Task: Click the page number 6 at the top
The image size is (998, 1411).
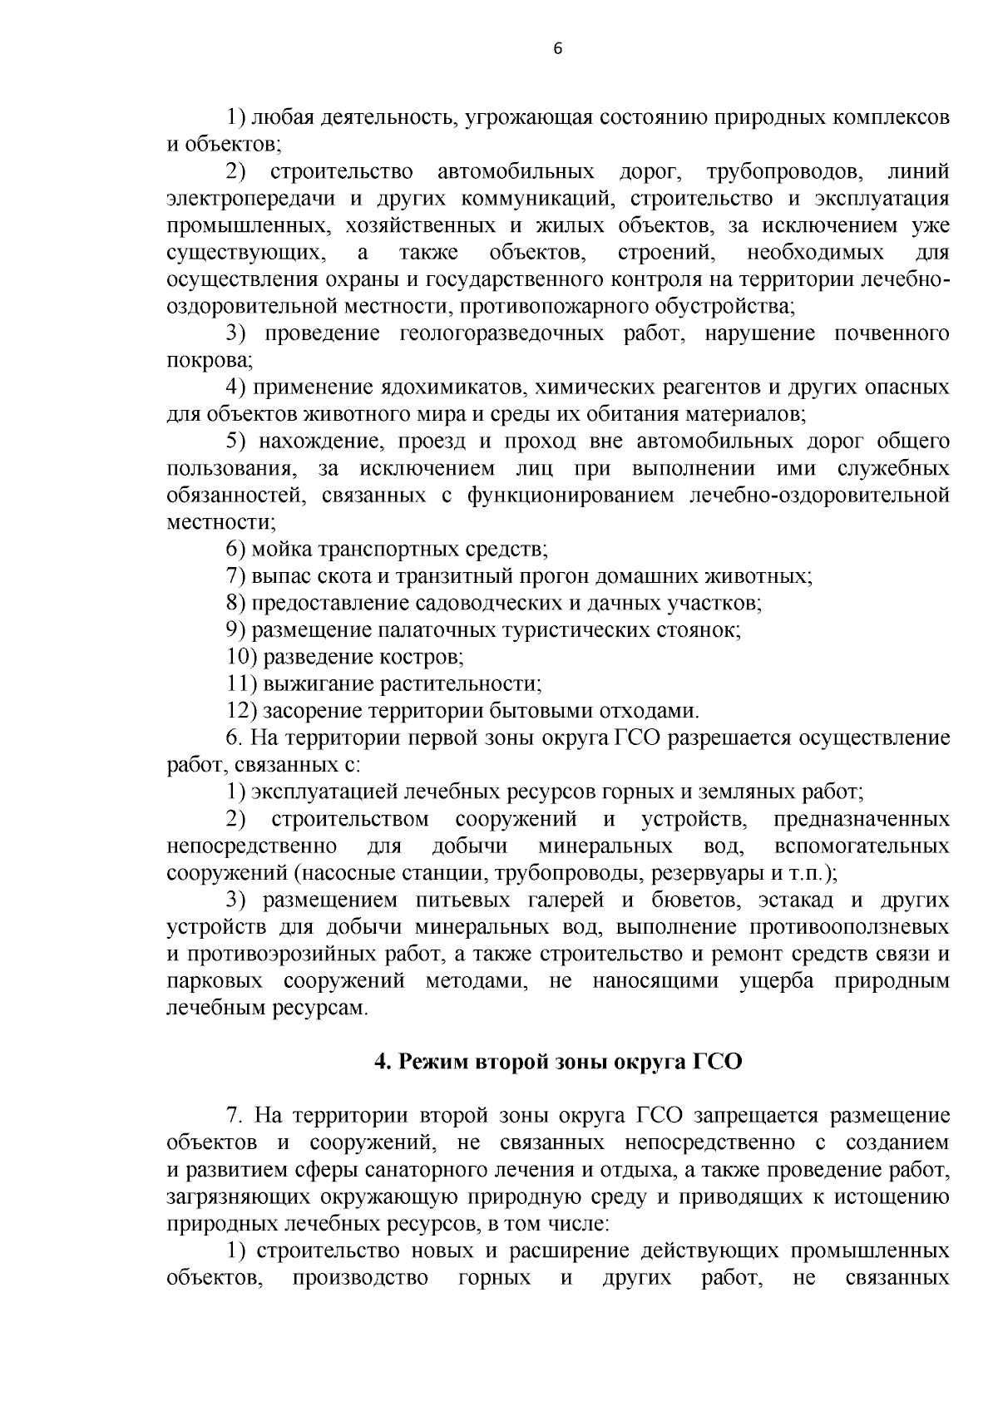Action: point(557,49)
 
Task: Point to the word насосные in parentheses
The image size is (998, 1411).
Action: point(346,873)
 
